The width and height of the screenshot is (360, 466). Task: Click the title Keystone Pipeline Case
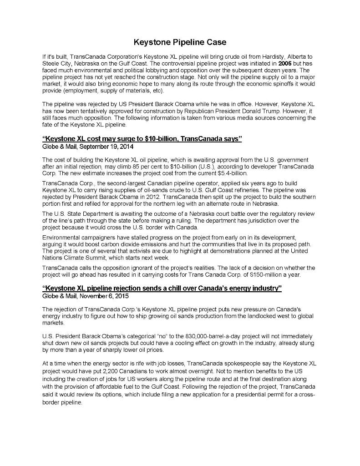point(180,42)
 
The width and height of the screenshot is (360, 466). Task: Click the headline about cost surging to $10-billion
point(142,139)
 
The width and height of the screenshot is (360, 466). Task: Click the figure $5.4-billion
point(233,173)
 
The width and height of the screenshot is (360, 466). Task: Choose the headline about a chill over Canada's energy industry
point(162,288)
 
